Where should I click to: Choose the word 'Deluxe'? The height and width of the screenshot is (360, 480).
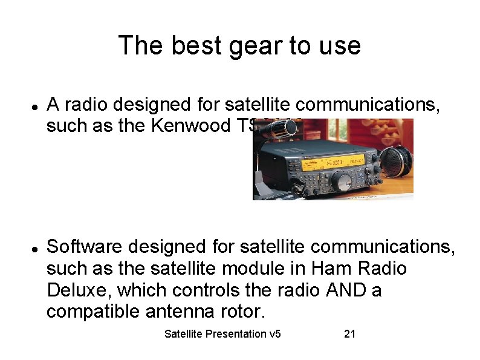[x=79, y=290]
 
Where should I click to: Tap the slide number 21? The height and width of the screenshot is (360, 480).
[x=349, y=334]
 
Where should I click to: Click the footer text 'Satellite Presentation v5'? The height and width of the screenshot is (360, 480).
[x=222, y=334]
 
